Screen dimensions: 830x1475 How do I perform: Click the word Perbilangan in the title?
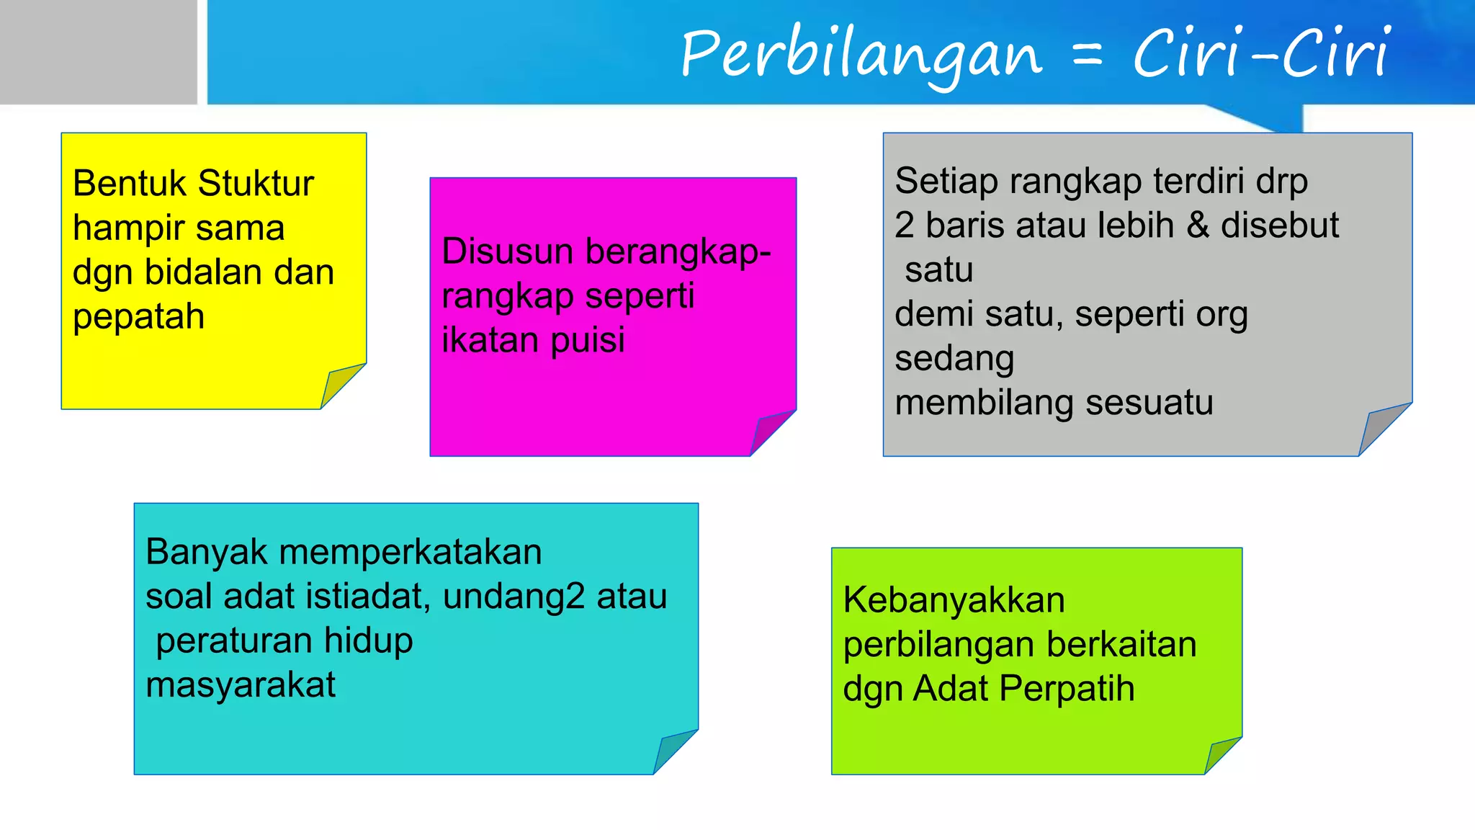click(861, 54)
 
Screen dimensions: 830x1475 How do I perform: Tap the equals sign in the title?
click(1088, 55)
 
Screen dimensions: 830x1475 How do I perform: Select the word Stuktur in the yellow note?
click(256, 183)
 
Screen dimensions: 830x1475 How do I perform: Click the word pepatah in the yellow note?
click(139, 317)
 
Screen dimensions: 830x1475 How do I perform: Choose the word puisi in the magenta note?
click(588, 340)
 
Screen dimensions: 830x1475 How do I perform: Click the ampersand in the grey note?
click(1198, 225)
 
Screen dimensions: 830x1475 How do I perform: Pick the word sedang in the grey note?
click(954, 359)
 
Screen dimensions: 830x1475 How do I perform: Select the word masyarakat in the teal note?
click(241, 685)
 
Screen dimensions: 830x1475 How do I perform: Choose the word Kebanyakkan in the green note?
click(954, 600)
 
